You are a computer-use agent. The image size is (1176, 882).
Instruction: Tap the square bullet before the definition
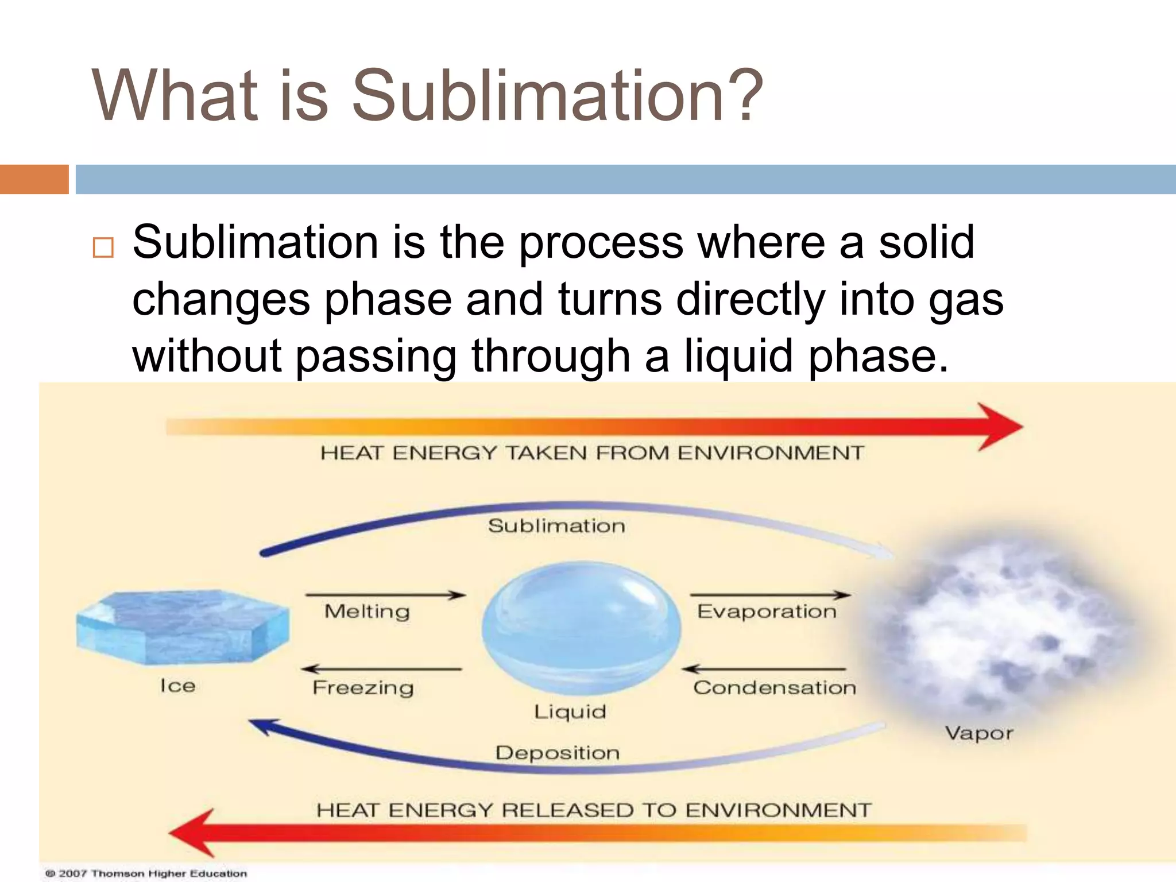[x=103, y=247]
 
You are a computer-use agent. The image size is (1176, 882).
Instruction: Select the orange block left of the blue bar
[x=34, y=179]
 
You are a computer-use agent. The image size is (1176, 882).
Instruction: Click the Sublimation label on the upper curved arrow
[x=556, y=526]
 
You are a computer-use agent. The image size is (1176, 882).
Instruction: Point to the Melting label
[x=367, y=612]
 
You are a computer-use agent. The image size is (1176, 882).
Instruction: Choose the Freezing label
[x=363, y=687]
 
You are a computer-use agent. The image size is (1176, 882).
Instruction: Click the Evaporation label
[x=767, y=612]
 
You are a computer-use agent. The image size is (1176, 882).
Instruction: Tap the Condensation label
[x=775, y=687]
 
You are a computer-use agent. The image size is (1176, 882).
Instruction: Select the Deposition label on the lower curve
[x=558, y=753]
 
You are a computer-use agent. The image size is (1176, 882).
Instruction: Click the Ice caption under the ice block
[x=178, y=686]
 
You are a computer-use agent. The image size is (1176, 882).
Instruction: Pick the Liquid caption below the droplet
[x=570, y=712]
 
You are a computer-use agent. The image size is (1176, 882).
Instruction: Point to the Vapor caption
[x=979, y=733]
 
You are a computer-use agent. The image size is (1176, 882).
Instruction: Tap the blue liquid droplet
[x=581, y=627]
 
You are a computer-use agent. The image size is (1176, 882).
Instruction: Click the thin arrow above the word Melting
[x=385, y=595]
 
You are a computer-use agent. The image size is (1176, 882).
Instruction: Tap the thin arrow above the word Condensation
[x=764, y=669]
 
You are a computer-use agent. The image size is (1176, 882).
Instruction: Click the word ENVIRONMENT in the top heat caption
[x=771, y=453]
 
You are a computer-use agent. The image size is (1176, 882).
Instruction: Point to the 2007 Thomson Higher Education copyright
[x=147, y=873]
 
